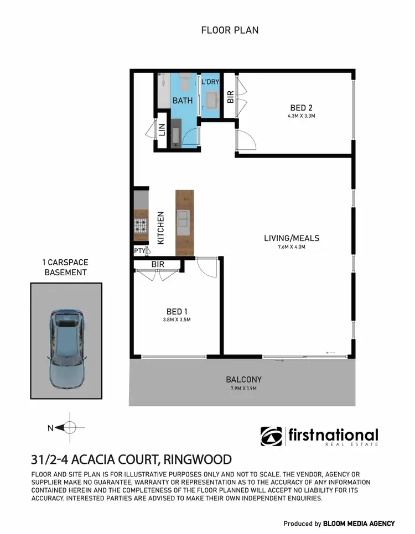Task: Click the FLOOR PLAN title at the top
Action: click(230, 30)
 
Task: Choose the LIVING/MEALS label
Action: click(292, 238)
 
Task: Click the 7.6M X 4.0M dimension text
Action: click(292, 247)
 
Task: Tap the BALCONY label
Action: click(243, 380)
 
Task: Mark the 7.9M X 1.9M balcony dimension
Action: click(243, 389)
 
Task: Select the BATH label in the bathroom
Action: click(182, 101)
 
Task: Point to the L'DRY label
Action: click(210, 82)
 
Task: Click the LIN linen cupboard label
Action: click(162, 130)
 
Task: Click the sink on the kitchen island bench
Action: click(184, 221)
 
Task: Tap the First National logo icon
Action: click(271, 436)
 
